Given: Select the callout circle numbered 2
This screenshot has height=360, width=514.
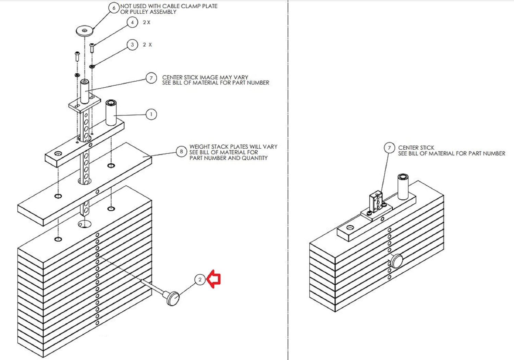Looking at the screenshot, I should [x=200, y=280].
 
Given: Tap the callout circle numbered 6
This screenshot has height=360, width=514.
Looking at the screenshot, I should [x=114, y=8].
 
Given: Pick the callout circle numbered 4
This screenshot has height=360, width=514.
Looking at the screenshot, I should [x=132, y=23].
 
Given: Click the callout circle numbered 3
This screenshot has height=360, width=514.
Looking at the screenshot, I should [x=132, y=45].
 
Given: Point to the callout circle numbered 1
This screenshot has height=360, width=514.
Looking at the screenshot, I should [x=151, y=114].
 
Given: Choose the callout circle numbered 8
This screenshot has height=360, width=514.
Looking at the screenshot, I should [x=181, y=151].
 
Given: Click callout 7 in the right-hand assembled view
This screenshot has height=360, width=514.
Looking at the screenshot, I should [x=389, y=148].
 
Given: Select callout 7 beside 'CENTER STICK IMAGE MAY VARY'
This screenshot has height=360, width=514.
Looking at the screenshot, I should [x=151, y=78].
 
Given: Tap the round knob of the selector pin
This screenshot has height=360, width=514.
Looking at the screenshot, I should [x=173, y=298].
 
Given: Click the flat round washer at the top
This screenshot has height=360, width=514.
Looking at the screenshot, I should [x=85, y=31].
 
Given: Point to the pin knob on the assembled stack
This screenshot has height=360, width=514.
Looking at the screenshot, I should [x=397, y=261].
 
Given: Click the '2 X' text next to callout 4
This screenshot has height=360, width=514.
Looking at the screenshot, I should [x=147, y=23].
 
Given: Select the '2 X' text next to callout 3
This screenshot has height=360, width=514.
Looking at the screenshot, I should [x=147, y=45].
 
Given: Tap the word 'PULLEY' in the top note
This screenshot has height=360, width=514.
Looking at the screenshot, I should [x=140, y=12].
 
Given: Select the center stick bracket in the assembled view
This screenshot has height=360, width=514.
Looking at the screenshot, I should [x=376, y=202].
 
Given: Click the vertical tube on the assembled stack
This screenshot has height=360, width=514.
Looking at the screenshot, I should [x=403, y=187].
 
